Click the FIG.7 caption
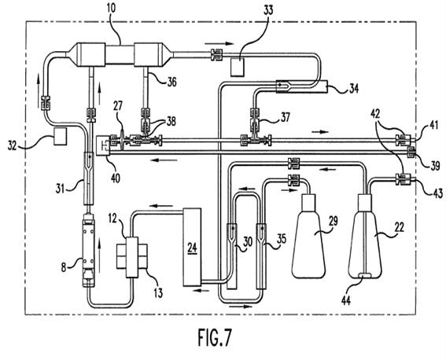pos(215,337)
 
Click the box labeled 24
pos(192,247)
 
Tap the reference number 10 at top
pos(111,8)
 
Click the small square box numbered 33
pos(238,67)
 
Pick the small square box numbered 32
pos(60,137)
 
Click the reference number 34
pos(353,88)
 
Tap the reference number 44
pos(345,300)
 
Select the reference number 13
pos(158,292)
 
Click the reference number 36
pos(171,82)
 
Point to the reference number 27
pos(117,105)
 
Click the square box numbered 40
pos(103,145)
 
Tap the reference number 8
pos(64,267)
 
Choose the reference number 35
pos(282,239)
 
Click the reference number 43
pos(438,193)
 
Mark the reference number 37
pos(286,117)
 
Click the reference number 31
pos(60,189)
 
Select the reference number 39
pos(435,166)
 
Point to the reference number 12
pos(112,219)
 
